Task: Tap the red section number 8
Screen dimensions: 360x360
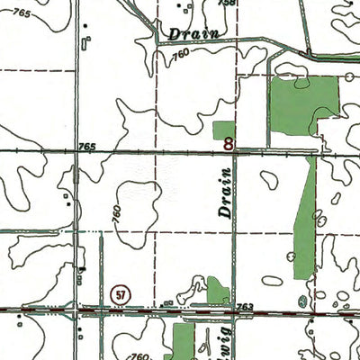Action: point(229,142)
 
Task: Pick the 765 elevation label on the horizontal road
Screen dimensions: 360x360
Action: point(87,146)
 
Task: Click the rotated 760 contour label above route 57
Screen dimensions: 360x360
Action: point(115,217)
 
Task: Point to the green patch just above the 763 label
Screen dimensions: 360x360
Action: point(218,290)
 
